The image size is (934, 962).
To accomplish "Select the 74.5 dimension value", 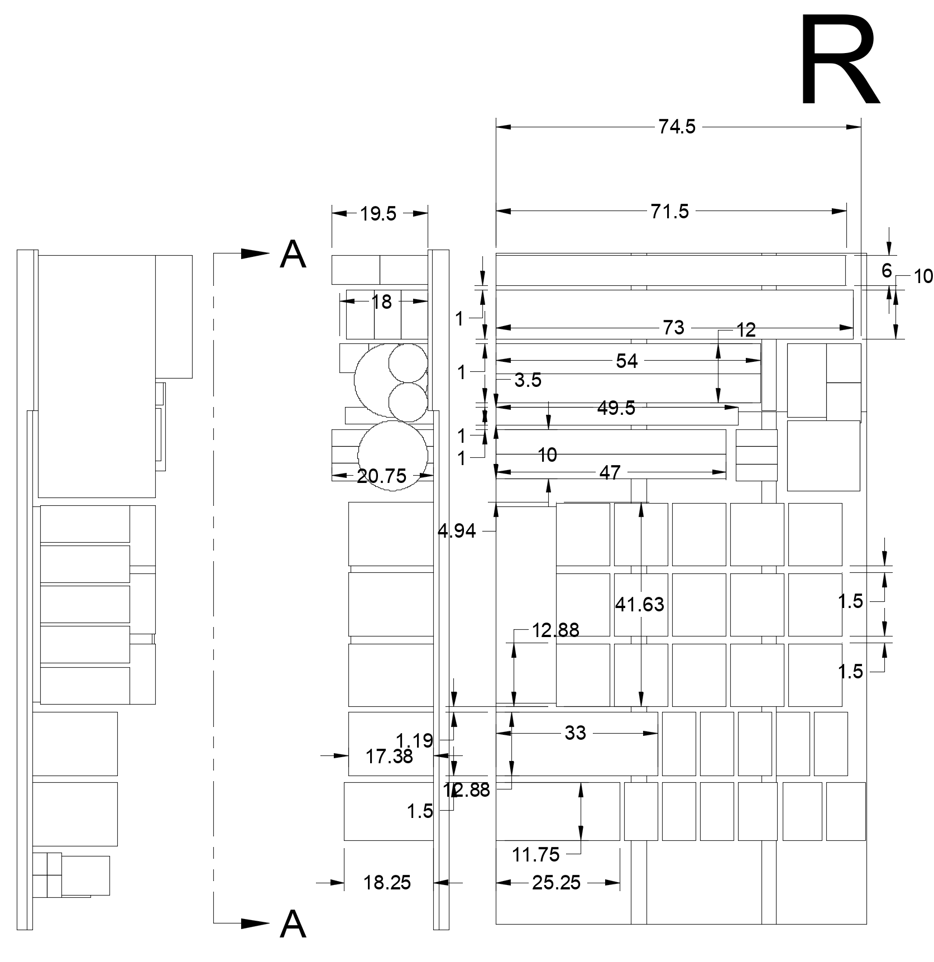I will click(677, 127).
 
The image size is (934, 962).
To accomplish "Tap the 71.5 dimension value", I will click(670, 212).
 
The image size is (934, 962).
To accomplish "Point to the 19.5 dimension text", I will click(378, 214).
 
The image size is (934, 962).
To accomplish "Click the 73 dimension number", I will click(673, 328).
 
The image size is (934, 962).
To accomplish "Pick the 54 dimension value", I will click(626, 361).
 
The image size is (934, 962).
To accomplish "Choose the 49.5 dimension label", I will click(616, 408).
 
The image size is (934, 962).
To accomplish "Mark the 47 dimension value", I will click(610, 473).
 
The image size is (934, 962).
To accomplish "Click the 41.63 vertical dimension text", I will click(639, 604).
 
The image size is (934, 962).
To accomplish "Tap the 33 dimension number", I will click(575, 733).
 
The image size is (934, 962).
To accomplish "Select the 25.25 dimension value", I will click(556, 883).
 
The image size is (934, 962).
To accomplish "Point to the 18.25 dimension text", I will click(387, 883).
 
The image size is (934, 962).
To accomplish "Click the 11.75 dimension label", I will click(535, 854).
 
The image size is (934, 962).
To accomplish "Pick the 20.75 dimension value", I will click(381, 476).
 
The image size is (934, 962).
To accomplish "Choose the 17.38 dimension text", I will click(389, 757).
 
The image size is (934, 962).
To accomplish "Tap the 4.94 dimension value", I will click(457, 532).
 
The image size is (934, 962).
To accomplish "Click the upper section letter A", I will click(293, 255).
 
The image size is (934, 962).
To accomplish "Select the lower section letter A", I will click(293, 925).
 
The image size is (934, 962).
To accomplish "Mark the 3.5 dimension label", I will click(528, 380).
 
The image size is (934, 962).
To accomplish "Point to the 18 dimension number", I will click(381, 302).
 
